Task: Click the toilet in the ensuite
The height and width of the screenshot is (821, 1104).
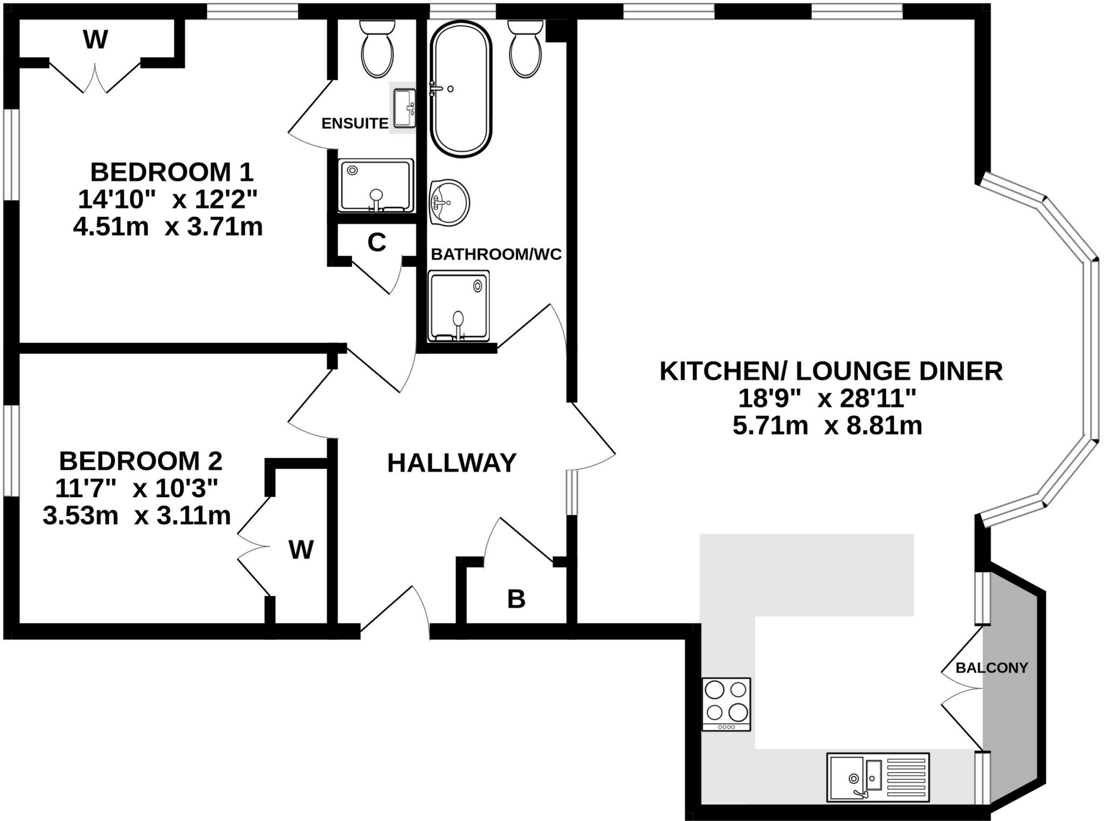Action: (377, 49)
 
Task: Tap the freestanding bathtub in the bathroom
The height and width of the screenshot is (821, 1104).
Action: (461, 89)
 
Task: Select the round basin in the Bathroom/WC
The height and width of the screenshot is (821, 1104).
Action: (450, 202)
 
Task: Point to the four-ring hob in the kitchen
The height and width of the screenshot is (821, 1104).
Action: (726, 704)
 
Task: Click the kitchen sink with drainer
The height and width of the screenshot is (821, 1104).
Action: (878, 777)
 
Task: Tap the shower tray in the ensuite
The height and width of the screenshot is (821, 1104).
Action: (376, 186)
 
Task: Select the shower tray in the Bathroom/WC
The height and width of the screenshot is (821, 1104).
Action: (459, 306)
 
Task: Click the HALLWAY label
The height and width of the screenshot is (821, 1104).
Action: (452, 463)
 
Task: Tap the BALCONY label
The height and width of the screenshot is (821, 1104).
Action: (992, 668)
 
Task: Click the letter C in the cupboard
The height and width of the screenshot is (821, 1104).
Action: (377, 243)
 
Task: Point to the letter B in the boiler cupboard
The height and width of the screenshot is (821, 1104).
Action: (516, 599)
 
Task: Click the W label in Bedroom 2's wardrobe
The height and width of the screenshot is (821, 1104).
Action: (301, 550)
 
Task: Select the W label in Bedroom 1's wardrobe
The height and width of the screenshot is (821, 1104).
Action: (95, 39)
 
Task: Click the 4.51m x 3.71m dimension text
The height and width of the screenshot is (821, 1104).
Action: (168, 227)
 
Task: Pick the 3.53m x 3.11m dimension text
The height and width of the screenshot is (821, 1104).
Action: (136, 516)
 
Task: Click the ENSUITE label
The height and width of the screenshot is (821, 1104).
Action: (355, 124)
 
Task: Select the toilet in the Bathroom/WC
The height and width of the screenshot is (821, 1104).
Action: (525, 49)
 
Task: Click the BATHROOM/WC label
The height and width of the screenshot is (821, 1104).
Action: (496, 254)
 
